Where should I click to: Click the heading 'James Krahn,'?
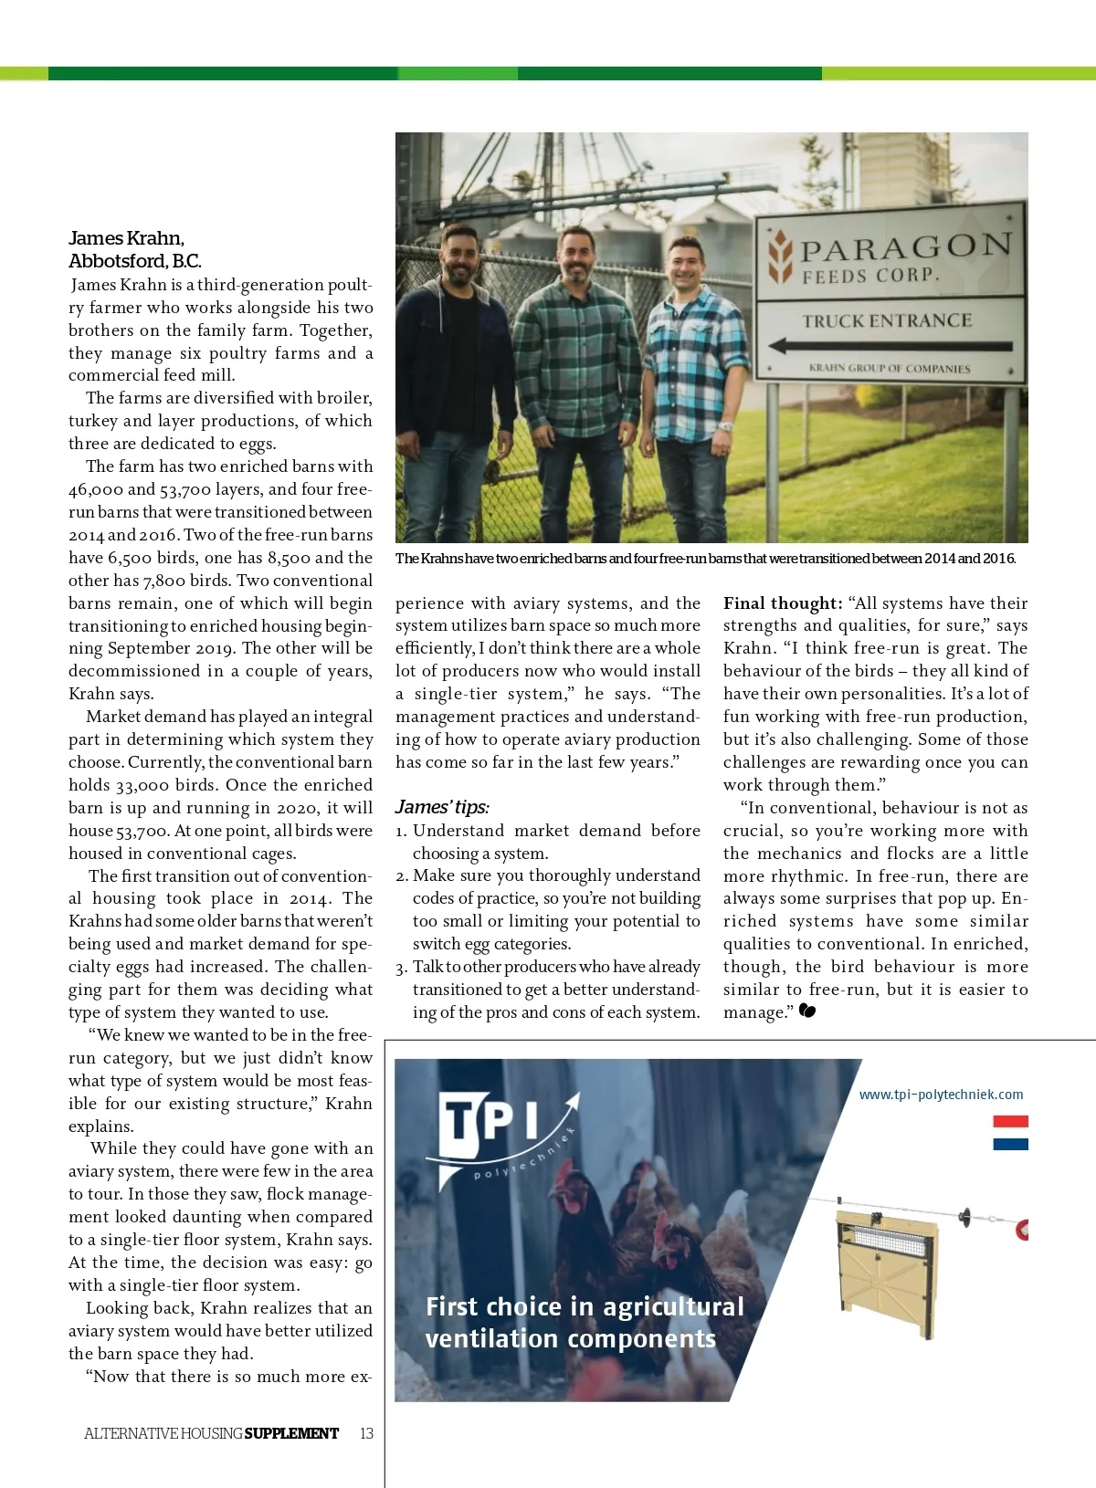pyautogui.click(x=126, y=238)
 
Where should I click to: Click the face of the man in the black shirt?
pyautogui.click(x=458, y=257)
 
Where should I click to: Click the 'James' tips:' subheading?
pyautogui.click(x=442, y=807)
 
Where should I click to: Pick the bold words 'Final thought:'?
pyautogui.click(x=783, y=603)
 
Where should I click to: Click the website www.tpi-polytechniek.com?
pyautogui.click(x=941, y=1095)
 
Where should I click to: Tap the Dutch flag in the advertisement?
pyautogui.click(x=1010, y=1132)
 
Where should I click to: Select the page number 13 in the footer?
pyautogui.click(x=366, y=1433)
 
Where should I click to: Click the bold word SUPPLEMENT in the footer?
pyautogui.click(x=291, y=1433)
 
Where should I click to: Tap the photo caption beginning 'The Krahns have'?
pyautogui.click(x=705, y=559)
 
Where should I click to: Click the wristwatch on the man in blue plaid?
pyautogui.click(x=725, y=426)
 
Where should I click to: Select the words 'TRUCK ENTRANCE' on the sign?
pyautogui.click(x=887, y=320)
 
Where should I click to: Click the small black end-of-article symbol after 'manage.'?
pyautogui.click(x=806, y=1011)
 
